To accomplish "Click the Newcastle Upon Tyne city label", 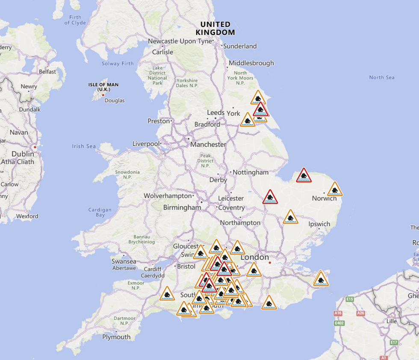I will point(180,41).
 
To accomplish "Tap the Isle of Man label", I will point(103,87).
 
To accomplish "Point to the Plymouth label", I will point(116,337).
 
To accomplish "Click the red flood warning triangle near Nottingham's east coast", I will point(304,176).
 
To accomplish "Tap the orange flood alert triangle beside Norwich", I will point(335,190).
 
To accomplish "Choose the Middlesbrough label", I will point(251,63).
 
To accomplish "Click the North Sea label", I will point(382,77).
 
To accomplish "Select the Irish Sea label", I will point(84,146).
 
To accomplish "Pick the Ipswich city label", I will point(319,224).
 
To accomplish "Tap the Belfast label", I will point(47,72).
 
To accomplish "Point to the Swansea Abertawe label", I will point(124,264).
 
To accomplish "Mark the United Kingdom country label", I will point(215,28).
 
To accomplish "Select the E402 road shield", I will point(340,323).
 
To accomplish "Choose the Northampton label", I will point(240,222).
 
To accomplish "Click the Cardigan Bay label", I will point(100,212).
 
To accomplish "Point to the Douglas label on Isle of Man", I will point(115,100).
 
